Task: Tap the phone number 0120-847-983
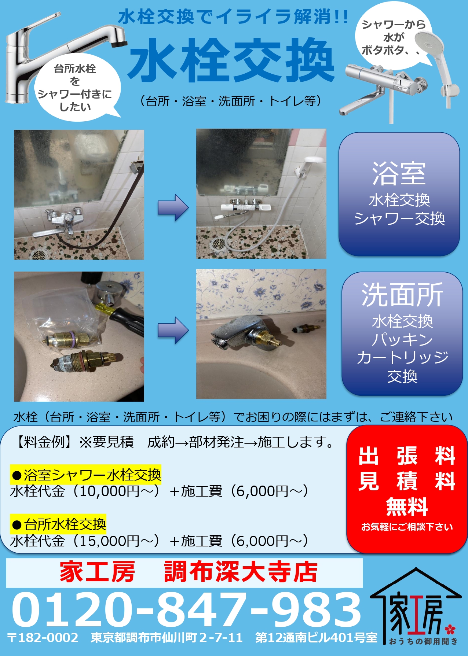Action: click(x=186, y=610)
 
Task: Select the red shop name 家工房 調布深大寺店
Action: click(x=189, y=572)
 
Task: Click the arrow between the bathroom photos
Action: click(x=173, y=208)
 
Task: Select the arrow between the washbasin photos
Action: click(x=173, y=331)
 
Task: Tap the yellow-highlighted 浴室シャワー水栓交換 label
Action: click(x=86, y=475)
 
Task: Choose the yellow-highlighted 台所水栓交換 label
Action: click(x=58, y=524)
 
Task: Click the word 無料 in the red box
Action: click(x=407, y=507)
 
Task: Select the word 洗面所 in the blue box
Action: click(x=402, y=295)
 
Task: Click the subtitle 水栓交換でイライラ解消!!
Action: click(x=233, y=17)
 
